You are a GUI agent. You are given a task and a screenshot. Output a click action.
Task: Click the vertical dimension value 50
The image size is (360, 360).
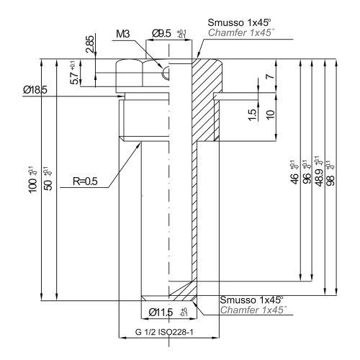(x=47, y=174)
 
